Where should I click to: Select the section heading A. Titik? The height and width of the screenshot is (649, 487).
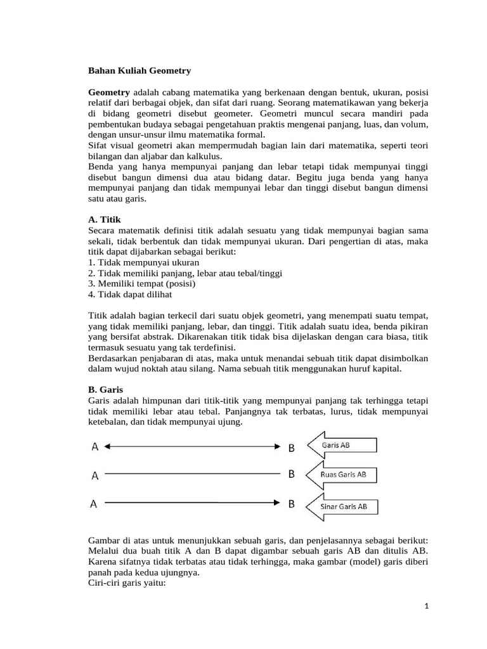(x=103, y=219)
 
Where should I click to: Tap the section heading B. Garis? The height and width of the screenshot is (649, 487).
(x=105, y=389)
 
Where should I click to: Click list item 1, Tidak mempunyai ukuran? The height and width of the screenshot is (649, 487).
(x=144, y=262)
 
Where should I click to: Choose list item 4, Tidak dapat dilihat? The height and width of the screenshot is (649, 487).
(x=130, y=295)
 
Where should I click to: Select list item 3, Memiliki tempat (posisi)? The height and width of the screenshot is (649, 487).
(x=142, y=284)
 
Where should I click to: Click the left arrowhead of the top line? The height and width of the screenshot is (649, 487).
(x=107, y=447)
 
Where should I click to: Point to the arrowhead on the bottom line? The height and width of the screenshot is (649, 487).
(x=276, y=504)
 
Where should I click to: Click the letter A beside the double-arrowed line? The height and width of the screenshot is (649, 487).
(x=94, y=447)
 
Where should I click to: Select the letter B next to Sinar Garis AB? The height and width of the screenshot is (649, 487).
(x=292, y=504)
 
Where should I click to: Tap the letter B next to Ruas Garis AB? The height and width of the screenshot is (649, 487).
(x=292, y=474)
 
